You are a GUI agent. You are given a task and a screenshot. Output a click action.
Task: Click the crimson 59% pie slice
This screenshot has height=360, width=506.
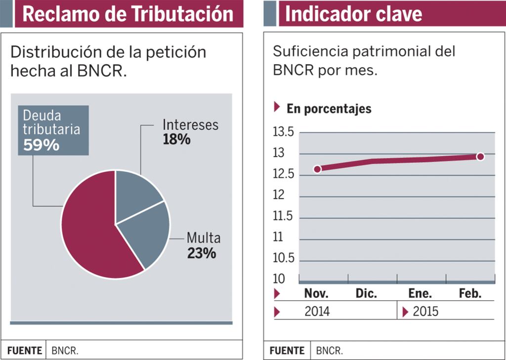[x=89, y=232]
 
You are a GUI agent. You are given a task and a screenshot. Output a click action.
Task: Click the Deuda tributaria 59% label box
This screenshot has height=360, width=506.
[x=53, y=130]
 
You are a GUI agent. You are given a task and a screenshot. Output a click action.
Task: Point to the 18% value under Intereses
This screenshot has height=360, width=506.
[x=176, y=140]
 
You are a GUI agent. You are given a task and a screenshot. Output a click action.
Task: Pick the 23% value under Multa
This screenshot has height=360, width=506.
[x=202, y=253]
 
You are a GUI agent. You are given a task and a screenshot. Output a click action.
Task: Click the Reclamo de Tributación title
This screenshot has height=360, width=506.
[x=128, y=14]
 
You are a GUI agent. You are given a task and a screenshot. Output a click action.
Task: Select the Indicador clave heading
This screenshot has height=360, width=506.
[x=353, y=14]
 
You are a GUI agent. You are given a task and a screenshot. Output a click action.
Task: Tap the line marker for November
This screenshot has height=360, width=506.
[x=317, y=169]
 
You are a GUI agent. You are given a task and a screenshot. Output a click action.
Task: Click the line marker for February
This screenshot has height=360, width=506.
[x=480, y=157]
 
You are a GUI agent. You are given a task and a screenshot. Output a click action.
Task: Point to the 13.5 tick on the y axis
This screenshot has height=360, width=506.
[x=283, y=132]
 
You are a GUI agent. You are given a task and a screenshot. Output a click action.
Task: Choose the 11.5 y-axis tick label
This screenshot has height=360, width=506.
[x=283, y=216]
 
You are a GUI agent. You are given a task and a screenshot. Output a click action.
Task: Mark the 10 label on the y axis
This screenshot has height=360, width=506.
[x=279, y=279]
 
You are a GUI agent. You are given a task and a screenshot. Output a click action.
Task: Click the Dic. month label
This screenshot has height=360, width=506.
[x=366, y=293]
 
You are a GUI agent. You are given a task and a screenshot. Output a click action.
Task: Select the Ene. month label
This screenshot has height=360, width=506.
[x=420, y=293]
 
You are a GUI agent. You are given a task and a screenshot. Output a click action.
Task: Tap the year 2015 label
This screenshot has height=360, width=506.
[x=425, y=312]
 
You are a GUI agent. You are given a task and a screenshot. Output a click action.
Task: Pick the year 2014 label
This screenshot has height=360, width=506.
[x=317, y=312]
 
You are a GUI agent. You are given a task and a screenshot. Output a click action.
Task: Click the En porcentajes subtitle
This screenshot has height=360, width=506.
[x=329, y=109]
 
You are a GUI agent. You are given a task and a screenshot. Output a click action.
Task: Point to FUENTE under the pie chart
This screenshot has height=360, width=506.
[x=25, y=351]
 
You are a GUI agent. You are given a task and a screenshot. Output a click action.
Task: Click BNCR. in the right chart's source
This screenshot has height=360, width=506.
[x=330, y=351]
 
